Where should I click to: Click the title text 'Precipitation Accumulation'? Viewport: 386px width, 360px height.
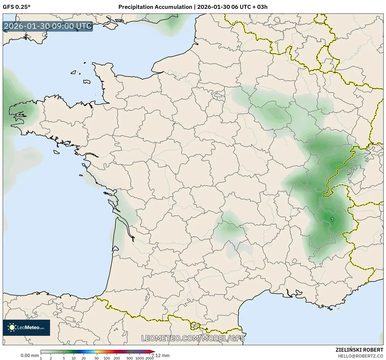point(155,7)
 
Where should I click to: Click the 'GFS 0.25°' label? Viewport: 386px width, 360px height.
point(16,7)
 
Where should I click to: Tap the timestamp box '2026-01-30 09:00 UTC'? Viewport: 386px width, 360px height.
point(48,26)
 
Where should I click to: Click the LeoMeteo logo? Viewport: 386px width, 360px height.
point(26,327)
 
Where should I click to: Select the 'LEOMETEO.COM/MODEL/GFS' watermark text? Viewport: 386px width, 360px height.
point(193,338)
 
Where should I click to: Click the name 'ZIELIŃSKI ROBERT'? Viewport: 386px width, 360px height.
point(359,350)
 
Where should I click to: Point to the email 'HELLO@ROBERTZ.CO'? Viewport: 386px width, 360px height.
point(360,356)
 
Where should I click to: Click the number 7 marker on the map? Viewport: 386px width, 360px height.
point(332,220)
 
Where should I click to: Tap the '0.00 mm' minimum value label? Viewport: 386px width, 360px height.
point(30,355)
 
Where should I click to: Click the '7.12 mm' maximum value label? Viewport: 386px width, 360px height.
point(161,355)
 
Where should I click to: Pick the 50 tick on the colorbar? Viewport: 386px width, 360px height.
point(97,358)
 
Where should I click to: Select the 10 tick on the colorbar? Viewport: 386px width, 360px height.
point(74,358)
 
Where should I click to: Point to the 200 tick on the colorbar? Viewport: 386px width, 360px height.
point(117,358)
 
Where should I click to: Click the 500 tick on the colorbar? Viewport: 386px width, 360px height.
point(130,358)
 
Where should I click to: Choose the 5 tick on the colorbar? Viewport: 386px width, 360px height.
point(64,358)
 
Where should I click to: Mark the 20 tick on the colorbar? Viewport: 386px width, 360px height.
point(84,358)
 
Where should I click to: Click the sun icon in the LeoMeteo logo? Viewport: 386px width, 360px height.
point(12,327)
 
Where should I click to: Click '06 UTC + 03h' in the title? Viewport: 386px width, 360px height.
point(249,7)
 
